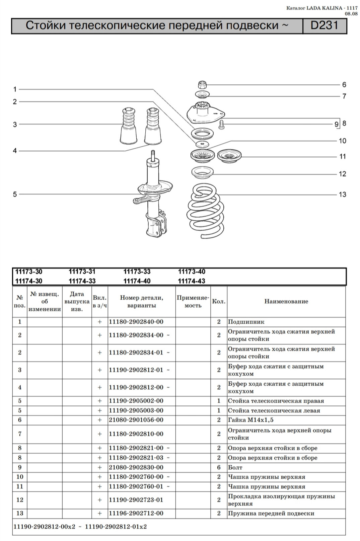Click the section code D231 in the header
324,26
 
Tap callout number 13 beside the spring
342,195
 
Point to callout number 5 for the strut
15,194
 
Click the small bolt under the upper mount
221,125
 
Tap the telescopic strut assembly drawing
154,198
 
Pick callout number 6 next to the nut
344,85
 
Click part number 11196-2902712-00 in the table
136,513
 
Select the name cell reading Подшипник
246,322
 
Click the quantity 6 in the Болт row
219,467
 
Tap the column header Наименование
286,301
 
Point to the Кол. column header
219,301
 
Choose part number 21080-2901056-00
136,420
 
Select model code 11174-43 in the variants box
192,281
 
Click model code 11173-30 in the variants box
29,272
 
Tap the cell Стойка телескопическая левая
274,410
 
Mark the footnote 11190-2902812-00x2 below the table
45,527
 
